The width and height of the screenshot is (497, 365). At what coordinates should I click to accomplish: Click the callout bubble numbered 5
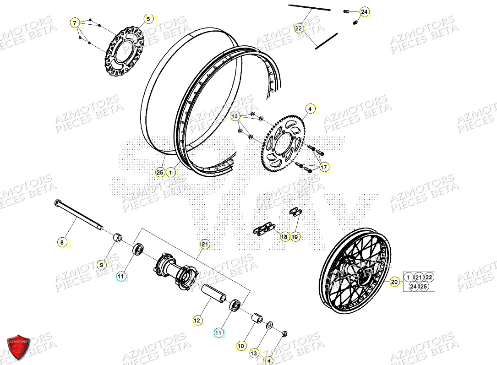pyautogui.click(x=148, y=19)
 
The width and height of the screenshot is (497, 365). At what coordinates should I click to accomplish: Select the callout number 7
pyautogui.click(x=75, y=22)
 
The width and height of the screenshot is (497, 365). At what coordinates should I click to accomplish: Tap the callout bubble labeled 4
pyautogui.click(x=310, y=109)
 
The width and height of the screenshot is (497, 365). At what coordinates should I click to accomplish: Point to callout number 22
pyautogui.click(x=299, y=28)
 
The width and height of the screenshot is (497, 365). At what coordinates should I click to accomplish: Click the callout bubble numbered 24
pyautogui.click(x=364, y=12)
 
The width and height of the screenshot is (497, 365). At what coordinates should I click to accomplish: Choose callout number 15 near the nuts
pyautogui.click(x=235, y=116)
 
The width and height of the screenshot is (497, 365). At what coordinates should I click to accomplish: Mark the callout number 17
pyautogui.click(x=324, y=168)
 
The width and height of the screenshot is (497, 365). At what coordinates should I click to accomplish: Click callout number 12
pyautogui.click(x=197, y=321)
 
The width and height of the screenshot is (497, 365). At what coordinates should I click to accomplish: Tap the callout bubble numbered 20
pyautogui.click(x=394, y=283)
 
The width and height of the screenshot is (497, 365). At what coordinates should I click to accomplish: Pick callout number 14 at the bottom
pyautogui.click(x=268, y=361)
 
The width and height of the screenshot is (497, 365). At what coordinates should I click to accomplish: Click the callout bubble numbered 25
pyautogui.click(x=160, y=173)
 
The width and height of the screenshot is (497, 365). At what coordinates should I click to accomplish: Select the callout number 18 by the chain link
pyautogui.click(x=284, y=237)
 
